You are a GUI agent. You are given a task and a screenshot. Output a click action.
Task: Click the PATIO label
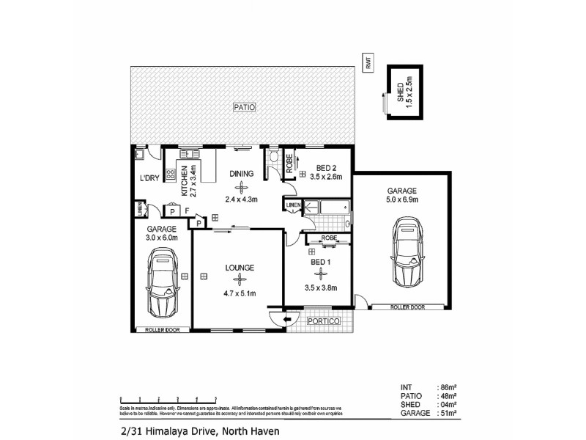244,107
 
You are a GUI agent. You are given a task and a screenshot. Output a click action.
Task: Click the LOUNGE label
240,268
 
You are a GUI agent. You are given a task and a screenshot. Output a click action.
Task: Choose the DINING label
241,174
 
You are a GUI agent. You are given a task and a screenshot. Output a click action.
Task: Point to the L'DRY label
150,178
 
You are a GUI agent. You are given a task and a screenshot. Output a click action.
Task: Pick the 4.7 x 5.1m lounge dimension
239,294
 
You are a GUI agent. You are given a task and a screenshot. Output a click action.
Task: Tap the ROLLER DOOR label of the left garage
161,330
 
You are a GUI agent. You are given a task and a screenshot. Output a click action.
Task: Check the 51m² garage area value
446,414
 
